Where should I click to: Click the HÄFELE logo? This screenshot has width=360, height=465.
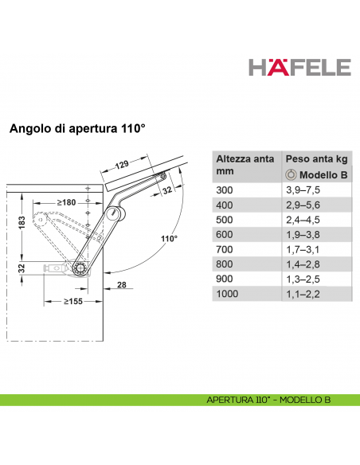pos(299,67)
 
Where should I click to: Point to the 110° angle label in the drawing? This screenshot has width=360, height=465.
pos(167,238)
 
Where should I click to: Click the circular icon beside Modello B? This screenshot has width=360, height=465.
pos(292,175)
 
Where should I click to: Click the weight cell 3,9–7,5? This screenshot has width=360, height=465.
pos(303,190)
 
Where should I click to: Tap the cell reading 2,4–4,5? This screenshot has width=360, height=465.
pos(303,219)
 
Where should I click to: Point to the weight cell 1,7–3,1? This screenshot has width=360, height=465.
pos(303,249)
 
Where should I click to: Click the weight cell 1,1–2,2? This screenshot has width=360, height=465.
pos(303,295)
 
